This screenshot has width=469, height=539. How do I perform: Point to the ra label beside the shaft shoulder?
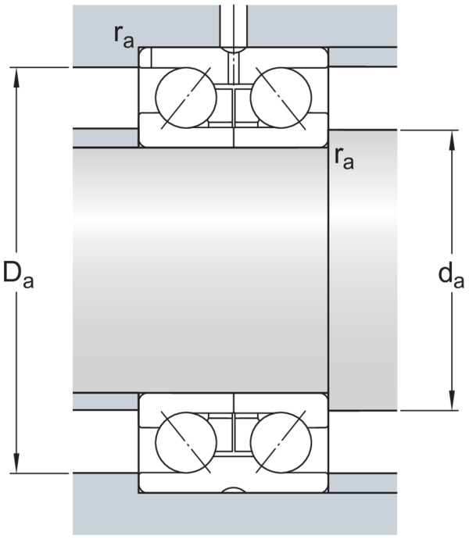pos(344,159)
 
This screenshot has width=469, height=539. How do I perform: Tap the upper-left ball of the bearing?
pos(186,98)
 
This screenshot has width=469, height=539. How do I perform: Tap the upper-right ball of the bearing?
pos(281,98)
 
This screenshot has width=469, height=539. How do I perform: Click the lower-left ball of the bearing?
pos(186,443)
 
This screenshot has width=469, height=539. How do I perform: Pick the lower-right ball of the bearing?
pos(281,443)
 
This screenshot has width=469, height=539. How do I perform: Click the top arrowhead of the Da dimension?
pos(16,77)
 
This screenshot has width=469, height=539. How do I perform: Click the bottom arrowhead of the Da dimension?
pos(16,464)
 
